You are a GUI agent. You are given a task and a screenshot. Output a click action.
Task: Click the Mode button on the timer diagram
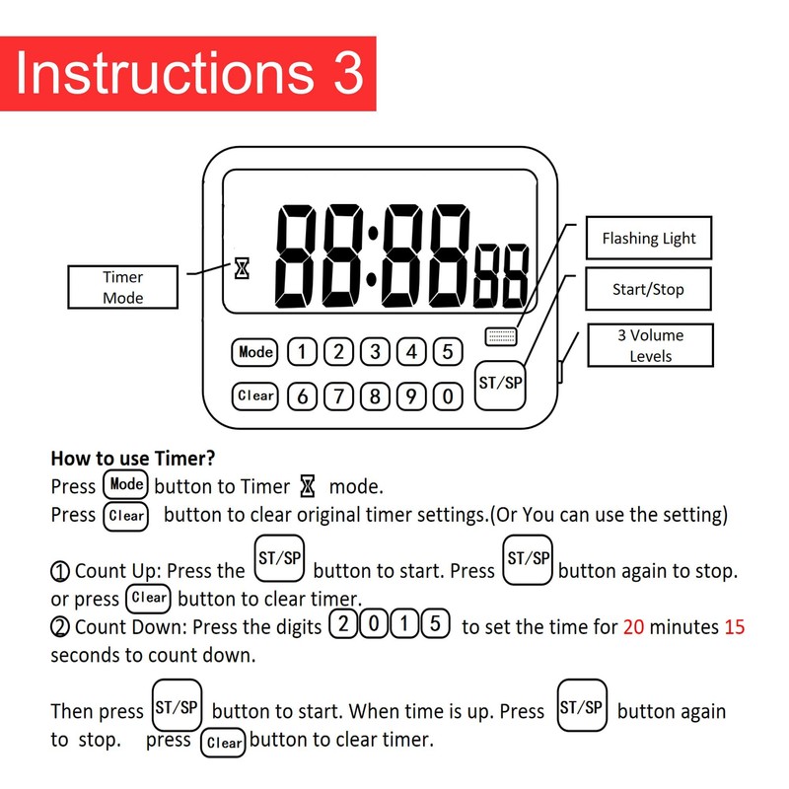[x=255, y=352]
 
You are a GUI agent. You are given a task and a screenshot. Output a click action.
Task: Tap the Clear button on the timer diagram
[x=255, y=395]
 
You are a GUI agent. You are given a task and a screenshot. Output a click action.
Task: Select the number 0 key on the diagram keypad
[x=448, y=397]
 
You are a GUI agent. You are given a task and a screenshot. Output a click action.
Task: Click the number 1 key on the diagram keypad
[x=301, y=352]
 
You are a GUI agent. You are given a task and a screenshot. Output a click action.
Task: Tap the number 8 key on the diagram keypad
[x=375, y=397]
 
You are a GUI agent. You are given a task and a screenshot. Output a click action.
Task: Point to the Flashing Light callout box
[x=648, y=238]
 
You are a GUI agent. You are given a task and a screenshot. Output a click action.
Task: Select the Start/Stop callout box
[x=648, y=290]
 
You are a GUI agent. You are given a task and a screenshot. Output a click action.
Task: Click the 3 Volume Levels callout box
[x=649, y=345]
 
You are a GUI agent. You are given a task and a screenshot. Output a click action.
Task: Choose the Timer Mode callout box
[x=122, y=287]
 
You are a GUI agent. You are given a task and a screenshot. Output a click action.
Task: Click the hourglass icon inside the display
[x=242, y=267]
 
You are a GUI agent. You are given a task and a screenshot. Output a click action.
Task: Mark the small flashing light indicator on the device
[x=501, y=336]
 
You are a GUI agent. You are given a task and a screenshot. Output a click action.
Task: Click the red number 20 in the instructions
[x=633, y=627]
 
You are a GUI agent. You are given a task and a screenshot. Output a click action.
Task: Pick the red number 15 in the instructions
[x=734, y=627]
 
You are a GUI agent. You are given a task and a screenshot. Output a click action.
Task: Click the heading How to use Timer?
[x=132, y=459]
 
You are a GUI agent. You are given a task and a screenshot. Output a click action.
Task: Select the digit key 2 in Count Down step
[x=342, y=625]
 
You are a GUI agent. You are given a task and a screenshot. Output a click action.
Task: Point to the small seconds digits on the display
[x=501, y=276]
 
